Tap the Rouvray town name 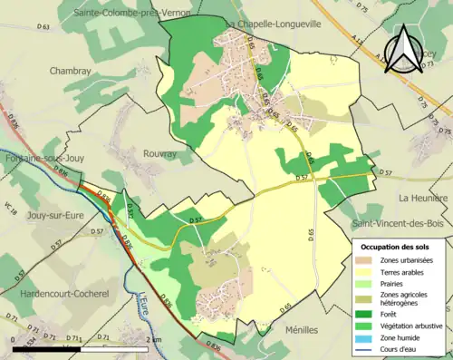pos(160,154)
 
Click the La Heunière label pos(423,197)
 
